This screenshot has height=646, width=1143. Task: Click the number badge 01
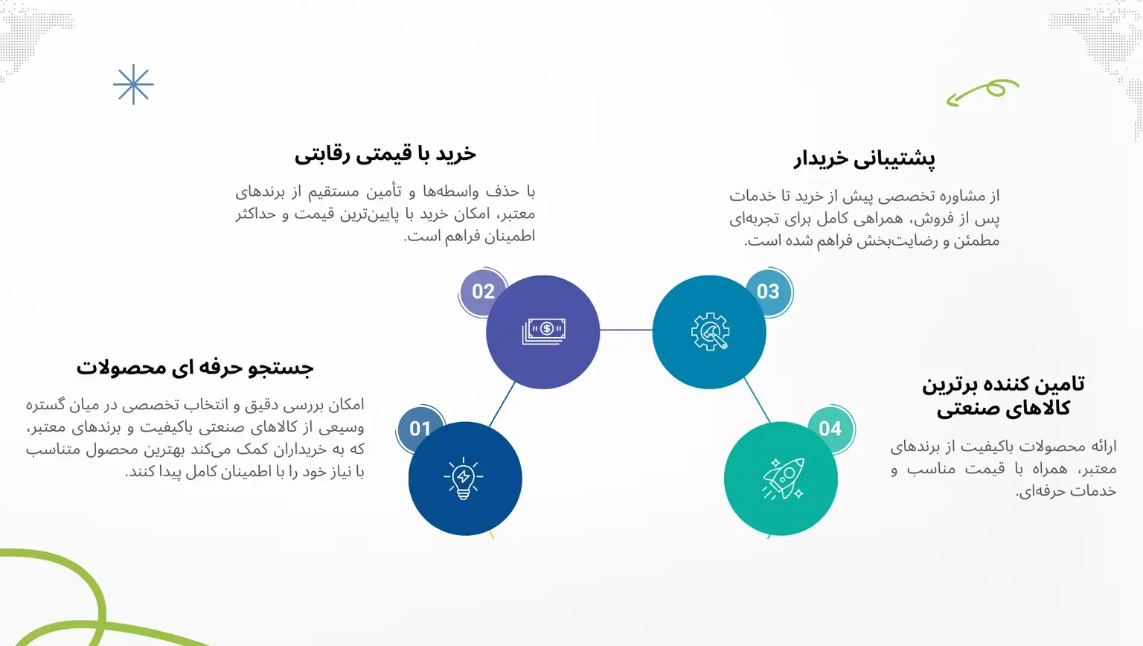coord(420,429)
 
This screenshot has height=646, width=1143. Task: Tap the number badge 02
coord(483,291)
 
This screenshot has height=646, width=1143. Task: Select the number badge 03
coord(768,291)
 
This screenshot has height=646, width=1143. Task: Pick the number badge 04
coord(830,429)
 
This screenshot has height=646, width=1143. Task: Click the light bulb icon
coord(464,478)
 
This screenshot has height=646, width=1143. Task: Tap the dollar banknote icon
coord(544,331)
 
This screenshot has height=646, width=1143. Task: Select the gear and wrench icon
coord(710,331)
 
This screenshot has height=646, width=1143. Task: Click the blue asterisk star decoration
coord(133,84)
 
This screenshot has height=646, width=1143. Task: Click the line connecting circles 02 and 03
coord(626,330)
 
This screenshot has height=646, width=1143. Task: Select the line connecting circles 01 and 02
coord(502,404)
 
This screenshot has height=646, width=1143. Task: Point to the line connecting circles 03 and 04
coord(758,400)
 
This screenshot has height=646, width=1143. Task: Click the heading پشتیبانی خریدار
coord(865,159)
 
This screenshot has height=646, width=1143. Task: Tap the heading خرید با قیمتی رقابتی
coord(385,154)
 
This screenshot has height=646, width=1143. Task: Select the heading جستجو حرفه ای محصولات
coord(195,368)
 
